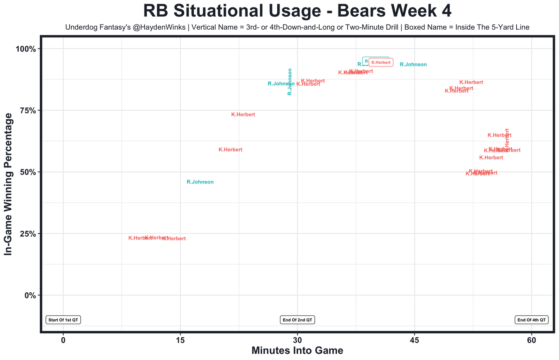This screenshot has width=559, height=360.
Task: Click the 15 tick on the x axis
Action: click(180, 340)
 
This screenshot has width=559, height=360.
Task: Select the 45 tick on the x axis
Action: click(414, 340)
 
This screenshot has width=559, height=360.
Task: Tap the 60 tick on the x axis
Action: click(531, 340)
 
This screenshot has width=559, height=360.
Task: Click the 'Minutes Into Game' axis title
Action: click(297, 351)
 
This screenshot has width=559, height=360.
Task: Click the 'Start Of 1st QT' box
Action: click(64, 320)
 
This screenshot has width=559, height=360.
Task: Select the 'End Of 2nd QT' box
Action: click(297, 320)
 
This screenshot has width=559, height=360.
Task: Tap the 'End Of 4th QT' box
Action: click(531, 320)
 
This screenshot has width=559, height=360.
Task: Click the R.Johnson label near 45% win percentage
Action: click(200, 182)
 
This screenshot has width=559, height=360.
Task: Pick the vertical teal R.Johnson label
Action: click(290, 82)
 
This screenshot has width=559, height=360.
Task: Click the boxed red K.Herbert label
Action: click(381, 62)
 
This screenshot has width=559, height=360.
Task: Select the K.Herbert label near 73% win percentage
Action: click(243, 115)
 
